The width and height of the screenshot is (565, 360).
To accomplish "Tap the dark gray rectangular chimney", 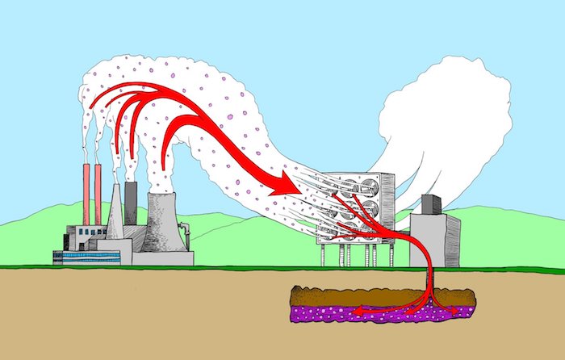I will point(130,202).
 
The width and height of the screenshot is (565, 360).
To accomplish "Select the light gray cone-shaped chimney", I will point(115,211).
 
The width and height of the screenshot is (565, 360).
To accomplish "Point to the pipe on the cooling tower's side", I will point(187,236).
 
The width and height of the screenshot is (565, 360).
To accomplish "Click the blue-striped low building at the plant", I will point(86,257).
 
